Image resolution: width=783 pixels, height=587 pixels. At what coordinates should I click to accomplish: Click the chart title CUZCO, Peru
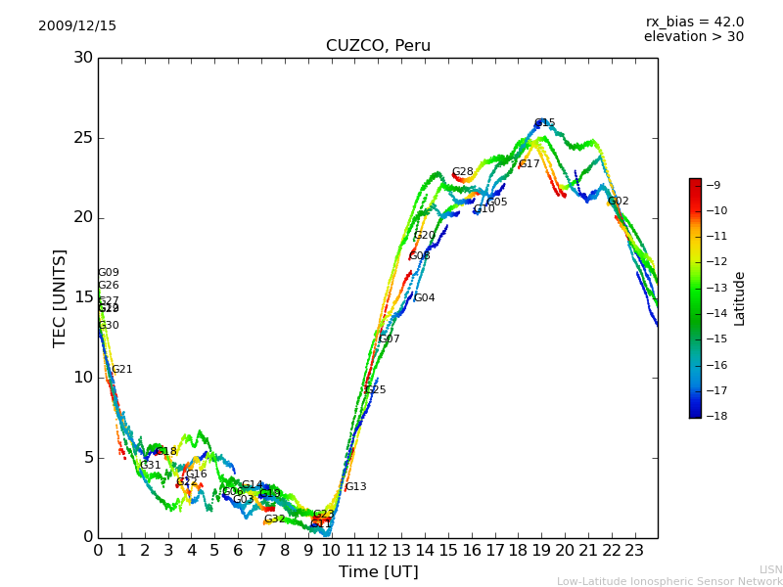378,46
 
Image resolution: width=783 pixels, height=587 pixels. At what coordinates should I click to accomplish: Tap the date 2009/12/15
77,26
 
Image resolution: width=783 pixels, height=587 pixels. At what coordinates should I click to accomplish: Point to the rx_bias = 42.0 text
694,23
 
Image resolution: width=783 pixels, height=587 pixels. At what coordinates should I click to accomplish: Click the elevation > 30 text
693,37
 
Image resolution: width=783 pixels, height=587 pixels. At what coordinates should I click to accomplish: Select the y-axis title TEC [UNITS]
61,297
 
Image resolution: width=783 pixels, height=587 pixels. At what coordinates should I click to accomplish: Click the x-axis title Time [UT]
378,571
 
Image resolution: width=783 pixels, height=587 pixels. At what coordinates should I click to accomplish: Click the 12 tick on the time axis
378,550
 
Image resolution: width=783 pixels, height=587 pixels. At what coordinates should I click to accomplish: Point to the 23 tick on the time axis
634,550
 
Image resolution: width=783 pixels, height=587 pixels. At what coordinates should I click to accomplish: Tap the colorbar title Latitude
740,298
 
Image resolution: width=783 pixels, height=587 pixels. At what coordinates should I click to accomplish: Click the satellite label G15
544,123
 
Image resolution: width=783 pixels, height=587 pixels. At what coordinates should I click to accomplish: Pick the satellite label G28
462,172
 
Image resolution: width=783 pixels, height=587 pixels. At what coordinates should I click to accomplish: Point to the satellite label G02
618,202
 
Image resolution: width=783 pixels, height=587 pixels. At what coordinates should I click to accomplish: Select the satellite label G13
355,487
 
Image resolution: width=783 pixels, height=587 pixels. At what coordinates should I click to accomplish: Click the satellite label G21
121,370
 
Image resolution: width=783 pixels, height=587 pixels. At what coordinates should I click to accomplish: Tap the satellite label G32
274,519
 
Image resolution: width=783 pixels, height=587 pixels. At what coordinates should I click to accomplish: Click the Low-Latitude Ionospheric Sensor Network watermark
669,581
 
